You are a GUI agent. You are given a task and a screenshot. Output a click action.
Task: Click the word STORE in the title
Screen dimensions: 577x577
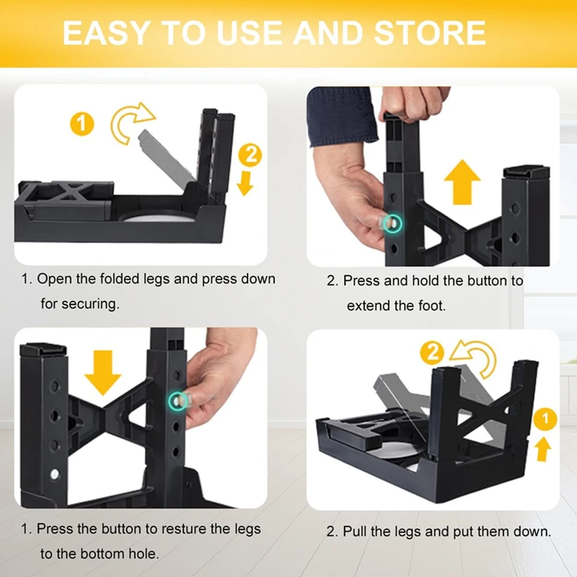(x=430, y=32)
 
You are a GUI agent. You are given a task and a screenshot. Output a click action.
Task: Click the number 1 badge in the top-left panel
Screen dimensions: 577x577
(x=82, y=124)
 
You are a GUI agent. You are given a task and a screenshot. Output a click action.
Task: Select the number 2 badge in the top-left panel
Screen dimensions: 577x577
(x=250, y=155)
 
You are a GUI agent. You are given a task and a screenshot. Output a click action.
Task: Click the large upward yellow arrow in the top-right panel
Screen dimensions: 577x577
(x=462, y=182)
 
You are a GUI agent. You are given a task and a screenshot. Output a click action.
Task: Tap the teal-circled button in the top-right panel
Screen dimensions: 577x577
(x=392, y=224)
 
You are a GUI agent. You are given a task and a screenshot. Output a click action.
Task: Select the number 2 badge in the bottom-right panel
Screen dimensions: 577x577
(x=432, y=353)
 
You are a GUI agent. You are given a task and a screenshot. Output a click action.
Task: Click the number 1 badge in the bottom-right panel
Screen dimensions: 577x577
(x=545, y=419)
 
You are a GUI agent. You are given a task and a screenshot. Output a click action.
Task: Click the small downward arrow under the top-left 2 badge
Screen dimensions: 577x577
(x=245, y=184)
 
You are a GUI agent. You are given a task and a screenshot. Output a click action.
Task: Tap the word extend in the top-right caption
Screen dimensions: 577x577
(x=368, y=305)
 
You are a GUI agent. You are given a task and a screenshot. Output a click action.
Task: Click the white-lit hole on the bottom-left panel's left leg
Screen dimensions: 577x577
(x=55, y=474)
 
